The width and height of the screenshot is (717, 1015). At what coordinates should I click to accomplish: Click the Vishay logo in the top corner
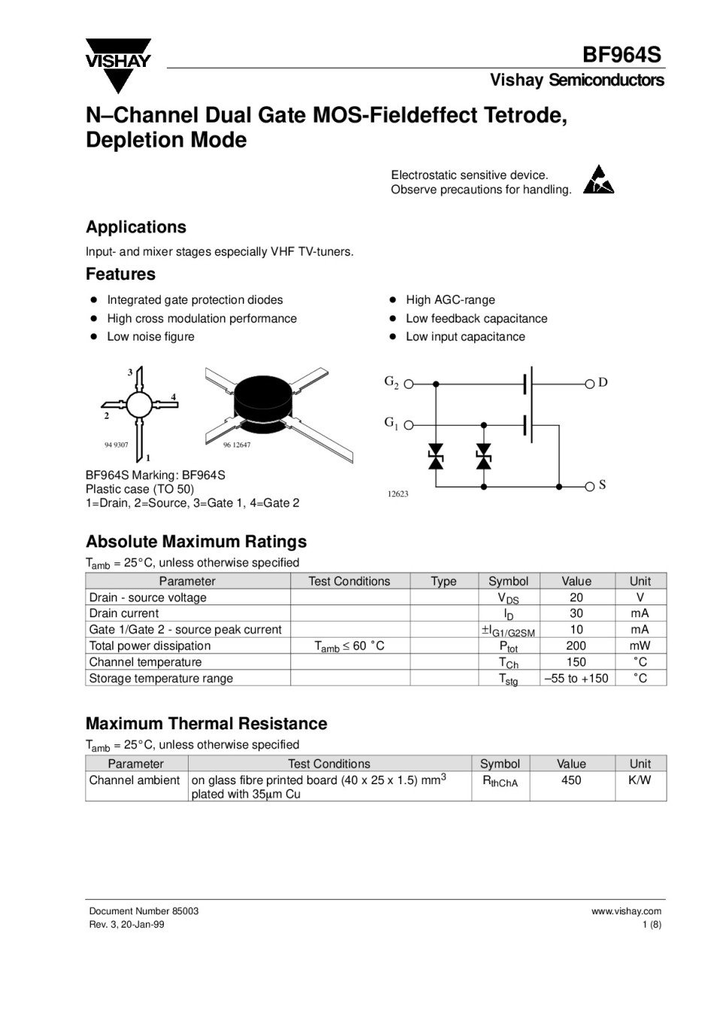coord(118,64)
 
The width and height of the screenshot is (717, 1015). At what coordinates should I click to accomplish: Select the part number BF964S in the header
coord(621,56)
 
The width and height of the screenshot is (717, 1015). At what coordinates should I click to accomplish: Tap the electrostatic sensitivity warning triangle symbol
coord(598,180)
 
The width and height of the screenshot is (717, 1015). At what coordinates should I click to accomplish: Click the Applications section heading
coord(136,227)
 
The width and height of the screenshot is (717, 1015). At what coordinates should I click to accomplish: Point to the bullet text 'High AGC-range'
coord(450,300)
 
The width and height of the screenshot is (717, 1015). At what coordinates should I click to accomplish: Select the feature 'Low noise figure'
coord(150,337)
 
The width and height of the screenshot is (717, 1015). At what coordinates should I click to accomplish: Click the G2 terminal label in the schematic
coord(392,382)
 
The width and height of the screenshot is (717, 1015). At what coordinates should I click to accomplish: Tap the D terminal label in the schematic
coord(603,383)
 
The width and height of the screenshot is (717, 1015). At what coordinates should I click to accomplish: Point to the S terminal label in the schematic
coord(603,485)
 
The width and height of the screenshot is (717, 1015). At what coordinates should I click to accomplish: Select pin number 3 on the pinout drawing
coord(130,372)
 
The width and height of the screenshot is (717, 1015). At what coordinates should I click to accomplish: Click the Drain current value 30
coord(576,614)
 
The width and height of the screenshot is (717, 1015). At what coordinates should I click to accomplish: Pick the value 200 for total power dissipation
coord(576,646)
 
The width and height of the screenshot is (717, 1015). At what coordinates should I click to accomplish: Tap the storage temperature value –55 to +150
coord(576,678)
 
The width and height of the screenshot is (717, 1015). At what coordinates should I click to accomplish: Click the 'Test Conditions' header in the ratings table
coord(349,581)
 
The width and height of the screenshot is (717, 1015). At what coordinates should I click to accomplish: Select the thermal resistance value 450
coord(571,780)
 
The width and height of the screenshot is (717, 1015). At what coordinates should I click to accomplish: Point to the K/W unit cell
coord(640,780)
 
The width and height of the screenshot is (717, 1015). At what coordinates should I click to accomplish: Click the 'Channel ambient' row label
coord(135,780)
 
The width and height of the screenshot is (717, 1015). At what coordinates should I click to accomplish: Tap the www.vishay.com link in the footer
coord(626,911)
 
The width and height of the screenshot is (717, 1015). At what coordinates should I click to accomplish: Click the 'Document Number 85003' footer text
coord(144,911)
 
